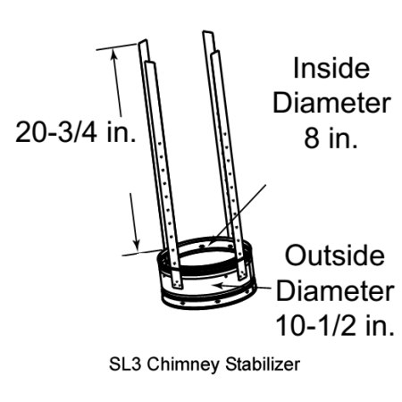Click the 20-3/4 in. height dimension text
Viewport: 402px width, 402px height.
point(76,131)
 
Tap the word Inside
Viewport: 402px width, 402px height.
point(331,68)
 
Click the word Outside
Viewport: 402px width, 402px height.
point(335,255)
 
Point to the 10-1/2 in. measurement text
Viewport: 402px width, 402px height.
point(335,325)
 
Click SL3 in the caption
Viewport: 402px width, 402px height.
point(124,364)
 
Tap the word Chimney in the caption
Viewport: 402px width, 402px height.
point(183,364)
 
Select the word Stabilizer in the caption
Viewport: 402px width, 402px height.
point(263,364)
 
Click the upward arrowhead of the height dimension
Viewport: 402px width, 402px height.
point(113,54)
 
